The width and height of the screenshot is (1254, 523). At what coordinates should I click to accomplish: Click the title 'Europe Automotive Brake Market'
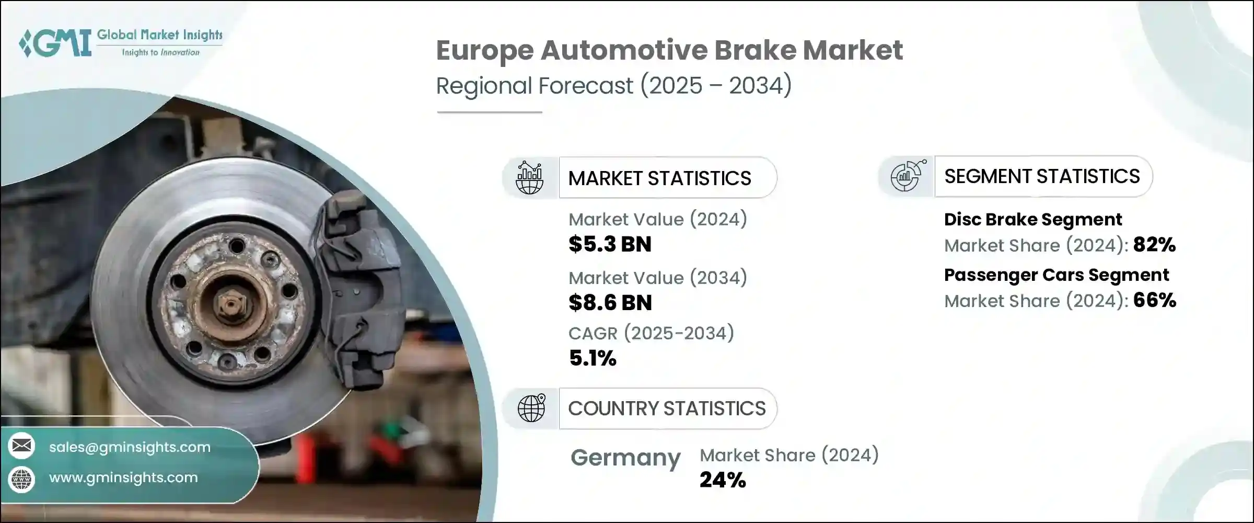(x=669, y=51)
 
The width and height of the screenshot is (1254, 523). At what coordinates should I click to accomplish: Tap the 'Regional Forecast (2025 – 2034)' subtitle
(x=614, y=86)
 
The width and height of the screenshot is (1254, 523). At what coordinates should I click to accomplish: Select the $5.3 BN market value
(x=610, y=244)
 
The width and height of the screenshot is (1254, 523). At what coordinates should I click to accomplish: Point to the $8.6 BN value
(x=610, y=303)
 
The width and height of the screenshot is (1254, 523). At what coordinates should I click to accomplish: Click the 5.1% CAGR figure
(x=593, y=358)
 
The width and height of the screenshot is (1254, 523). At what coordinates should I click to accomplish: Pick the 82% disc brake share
(x=1154, y=244)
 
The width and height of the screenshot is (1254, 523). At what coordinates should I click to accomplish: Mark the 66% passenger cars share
(x=1155, y=300)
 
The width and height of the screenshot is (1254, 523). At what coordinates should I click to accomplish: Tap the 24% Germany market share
(x=723, y=480)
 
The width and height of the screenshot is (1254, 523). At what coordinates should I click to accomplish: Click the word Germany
(x=625, y=458)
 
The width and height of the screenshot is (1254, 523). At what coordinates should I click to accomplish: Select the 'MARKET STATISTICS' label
(x=659, y=178)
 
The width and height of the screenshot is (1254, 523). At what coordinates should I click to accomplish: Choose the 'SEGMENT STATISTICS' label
(x=1042, y=176)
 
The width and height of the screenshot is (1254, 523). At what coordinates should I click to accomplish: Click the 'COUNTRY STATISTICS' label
(x=667, y=408)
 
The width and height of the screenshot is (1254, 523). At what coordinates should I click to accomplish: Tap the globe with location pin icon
(x=531, y=408)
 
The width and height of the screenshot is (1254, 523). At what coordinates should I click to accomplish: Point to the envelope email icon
(x=21, y=446)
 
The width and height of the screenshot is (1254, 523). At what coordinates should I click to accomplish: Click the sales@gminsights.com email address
(x=130, y=447)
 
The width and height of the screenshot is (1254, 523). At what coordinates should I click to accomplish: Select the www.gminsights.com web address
(x=123, y=477)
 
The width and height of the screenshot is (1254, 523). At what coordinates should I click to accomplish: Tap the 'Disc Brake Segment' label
(x=1033, y=220)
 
